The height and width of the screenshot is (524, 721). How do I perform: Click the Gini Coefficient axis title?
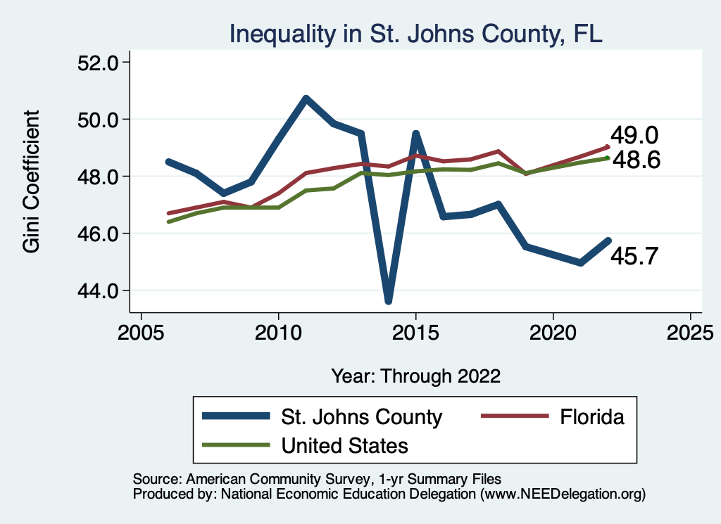click(32, 181)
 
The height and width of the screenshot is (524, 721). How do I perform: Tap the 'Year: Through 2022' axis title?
click(415, 376)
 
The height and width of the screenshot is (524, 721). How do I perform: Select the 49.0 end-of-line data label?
click(634, 134)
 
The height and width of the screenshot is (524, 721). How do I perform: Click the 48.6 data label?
click(636, 160)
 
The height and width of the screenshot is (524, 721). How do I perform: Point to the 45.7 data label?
click(634, 257)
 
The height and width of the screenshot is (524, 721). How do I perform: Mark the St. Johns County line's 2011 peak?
click(306, 98)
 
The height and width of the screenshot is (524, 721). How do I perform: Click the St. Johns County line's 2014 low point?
click(388, 301)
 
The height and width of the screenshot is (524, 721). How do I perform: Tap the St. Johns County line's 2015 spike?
click(416, 133)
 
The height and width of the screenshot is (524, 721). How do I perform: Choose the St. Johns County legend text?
click(361, 417)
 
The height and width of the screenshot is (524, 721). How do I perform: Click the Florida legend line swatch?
click(514, 417)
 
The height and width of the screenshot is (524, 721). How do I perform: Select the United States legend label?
click(344, 445)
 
